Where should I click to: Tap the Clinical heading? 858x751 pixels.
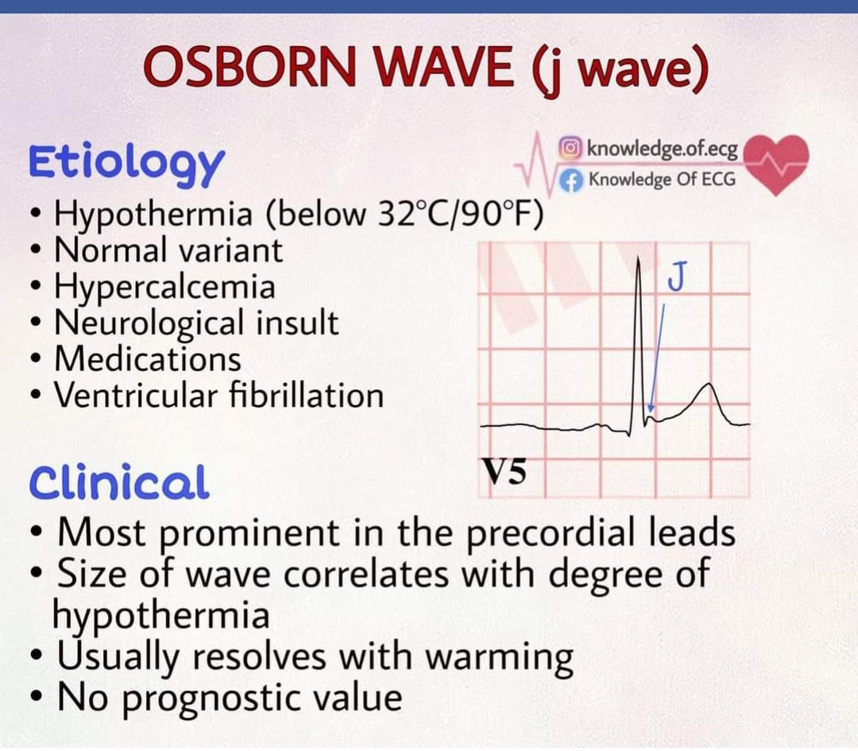(119, 482)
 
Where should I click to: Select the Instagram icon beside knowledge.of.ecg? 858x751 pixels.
(570, 148)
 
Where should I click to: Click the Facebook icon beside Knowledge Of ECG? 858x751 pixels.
(570, 179)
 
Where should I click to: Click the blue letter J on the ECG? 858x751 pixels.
(677, 278)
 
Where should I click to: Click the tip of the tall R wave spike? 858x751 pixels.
(638, 259)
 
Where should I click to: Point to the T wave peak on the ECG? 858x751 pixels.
(709, 385)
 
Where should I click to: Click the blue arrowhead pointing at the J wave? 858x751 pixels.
(651, 408)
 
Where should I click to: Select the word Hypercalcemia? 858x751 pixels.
(164, 286)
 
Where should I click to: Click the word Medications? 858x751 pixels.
(147, 358)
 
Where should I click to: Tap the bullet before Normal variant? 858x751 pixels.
(35, 251)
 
